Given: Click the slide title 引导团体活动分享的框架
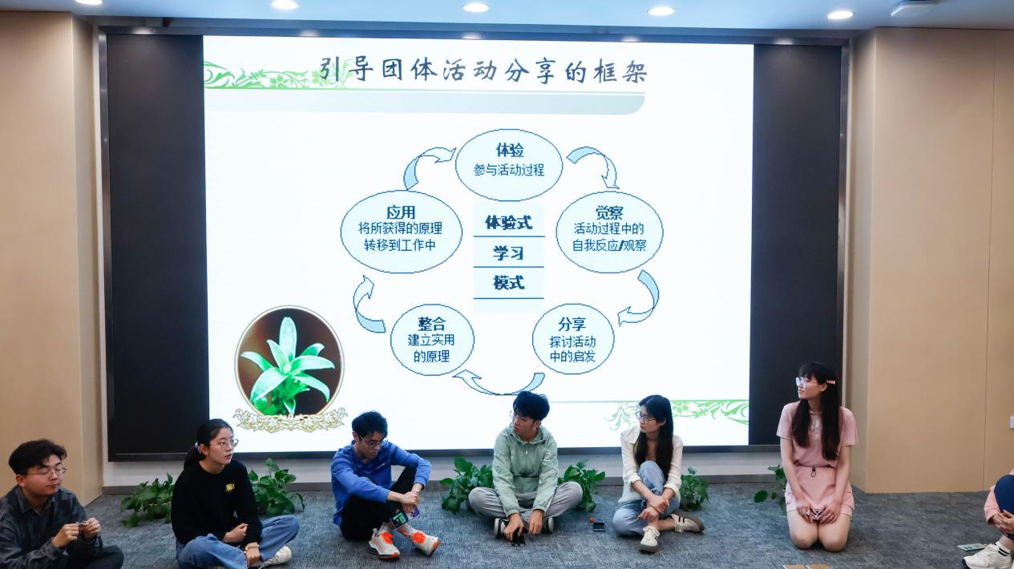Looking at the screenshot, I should click(x=483, y=71).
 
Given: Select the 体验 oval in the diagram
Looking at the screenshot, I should click(x=508, y=164).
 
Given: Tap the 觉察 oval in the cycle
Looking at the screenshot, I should click(x=608, y=231).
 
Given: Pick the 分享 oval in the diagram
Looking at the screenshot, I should click(x=572, y=339).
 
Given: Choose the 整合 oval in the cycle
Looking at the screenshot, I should click(x=431, y=339).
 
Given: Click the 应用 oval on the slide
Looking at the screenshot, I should click(x=400, y=231).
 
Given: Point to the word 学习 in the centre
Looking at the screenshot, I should click(x=508, y=253).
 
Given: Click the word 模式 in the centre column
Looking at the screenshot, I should click(x=508, y=283).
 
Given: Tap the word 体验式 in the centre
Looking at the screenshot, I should click(x=508, y=222).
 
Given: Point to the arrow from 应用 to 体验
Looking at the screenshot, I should click(x=425, y=163).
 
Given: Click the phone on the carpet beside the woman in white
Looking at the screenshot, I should click(x=598, y=526).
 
